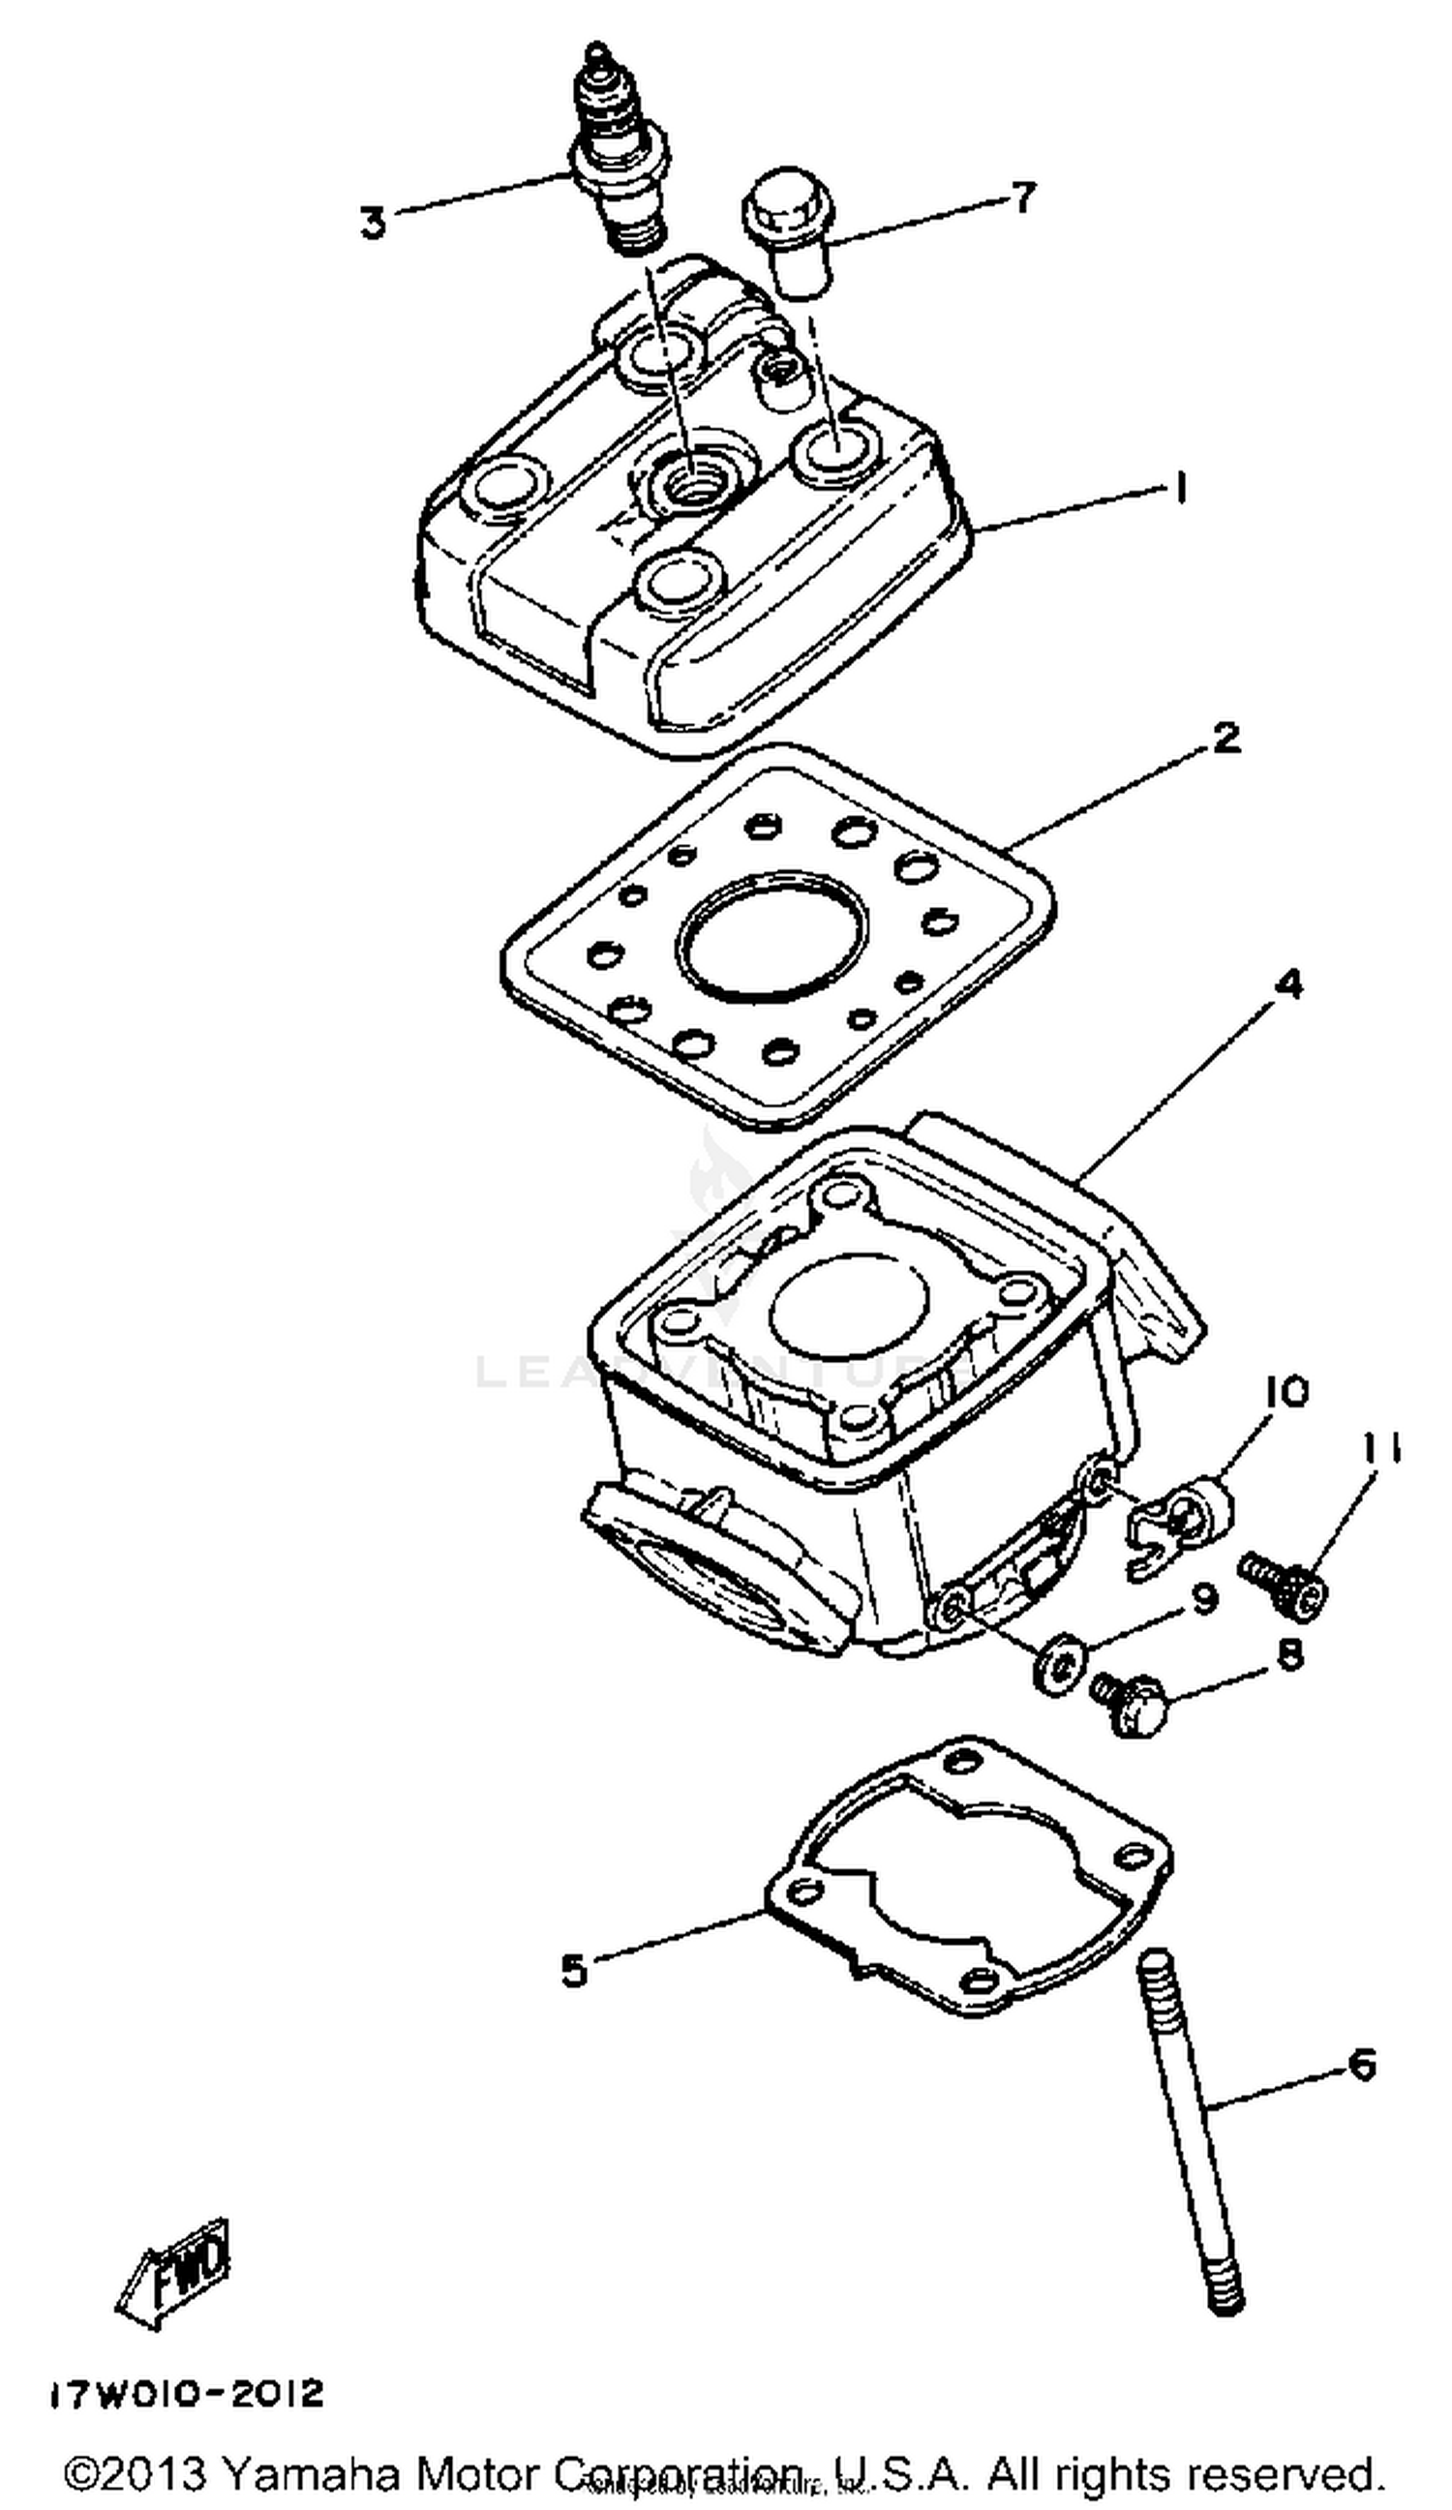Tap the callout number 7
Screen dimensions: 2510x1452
1022,197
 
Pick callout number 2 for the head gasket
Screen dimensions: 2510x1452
1225,738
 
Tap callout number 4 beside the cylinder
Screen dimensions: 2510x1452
1287,985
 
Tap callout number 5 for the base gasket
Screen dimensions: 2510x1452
575,1969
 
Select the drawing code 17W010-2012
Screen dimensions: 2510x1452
186,2394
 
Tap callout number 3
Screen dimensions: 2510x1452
372,223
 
